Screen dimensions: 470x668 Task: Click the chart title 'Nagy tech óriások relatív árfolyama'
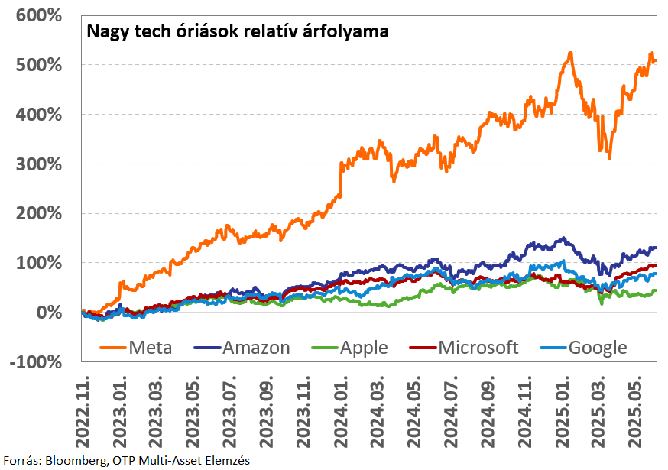[237, 32]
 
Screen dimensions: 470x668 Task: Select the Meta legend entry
[137, 348]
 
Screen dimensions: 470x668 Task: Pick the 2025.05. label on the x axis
[637, 408]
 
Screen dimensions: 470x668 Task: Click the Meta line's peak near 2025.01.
[569, 53]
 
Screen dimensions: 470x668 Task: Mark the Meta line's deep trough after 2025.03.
[609, 157]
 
